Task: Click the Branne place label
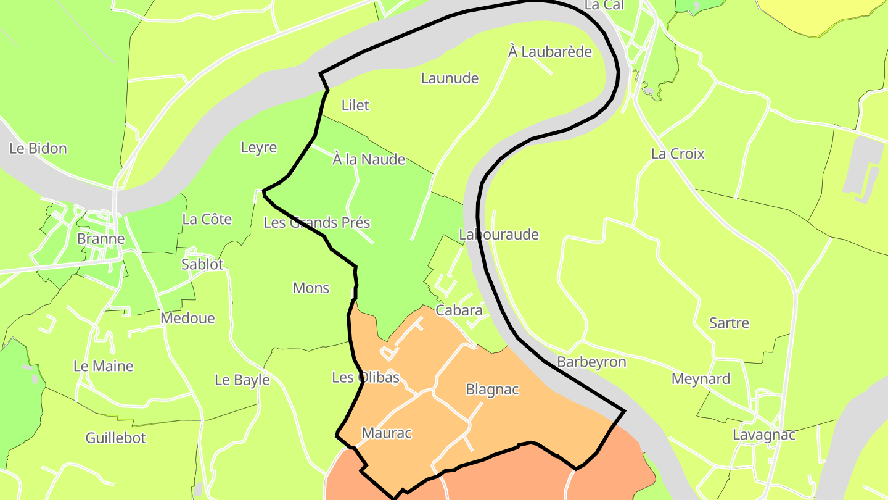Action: [x=101, y=239]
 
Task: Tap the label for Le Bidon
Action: [x=38, y=149]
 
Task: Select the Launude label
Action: [x=450, y=78]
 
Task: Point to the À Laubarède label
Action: [x=550, y=52]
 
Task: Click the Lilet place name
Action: [x=355, y=106]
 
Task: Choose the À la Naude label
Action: [x=369, y=160]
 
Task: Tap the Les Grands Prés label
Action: [x=317, y=223]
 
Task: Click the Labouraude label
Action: [x=499, y=235]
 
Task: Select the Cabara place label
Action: [x=459, y=310]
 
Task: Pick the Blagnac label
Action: [x=492, y=390]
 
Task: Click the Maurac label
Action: [x=387, y=433]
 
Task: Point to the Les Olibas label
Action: [x=366, y=377]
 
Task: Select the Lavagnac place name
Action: [x=763, y=435]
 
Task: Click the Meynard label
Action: [x=701, y=379]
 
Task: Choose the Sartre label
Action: [x=729, y=323]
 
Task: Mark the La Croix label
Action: [x=678, y=154]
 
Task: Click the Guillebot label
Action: [x=116, y=438]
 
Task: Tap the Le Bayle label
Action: [x=242, y=380]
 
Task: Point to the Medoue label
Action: [x=187, y=319]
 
